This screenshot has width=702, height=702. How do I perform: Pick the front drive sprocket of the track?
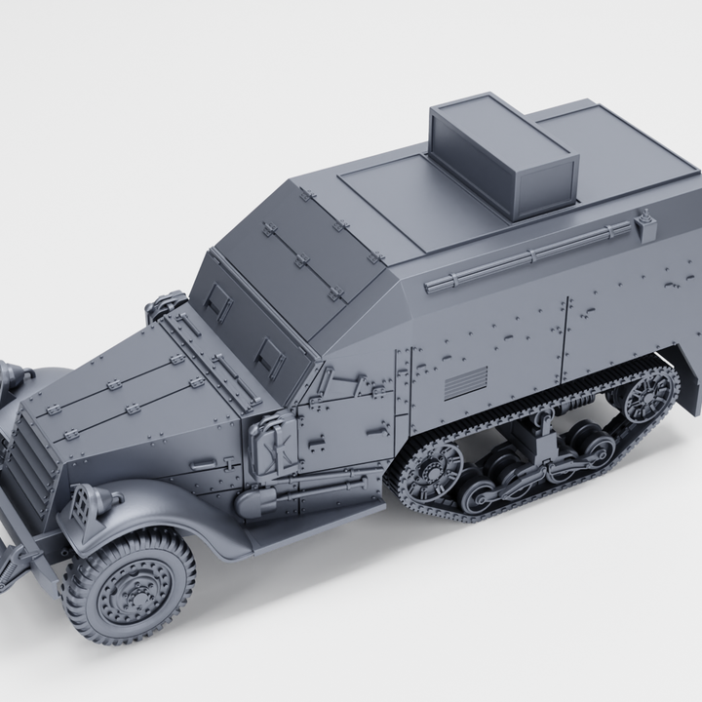(432, 474)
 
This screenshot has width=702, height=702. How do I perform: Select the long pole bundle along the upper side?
(526, 257)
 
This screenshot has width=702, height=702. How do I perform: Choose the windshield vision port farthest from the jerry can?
(215, 303)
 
